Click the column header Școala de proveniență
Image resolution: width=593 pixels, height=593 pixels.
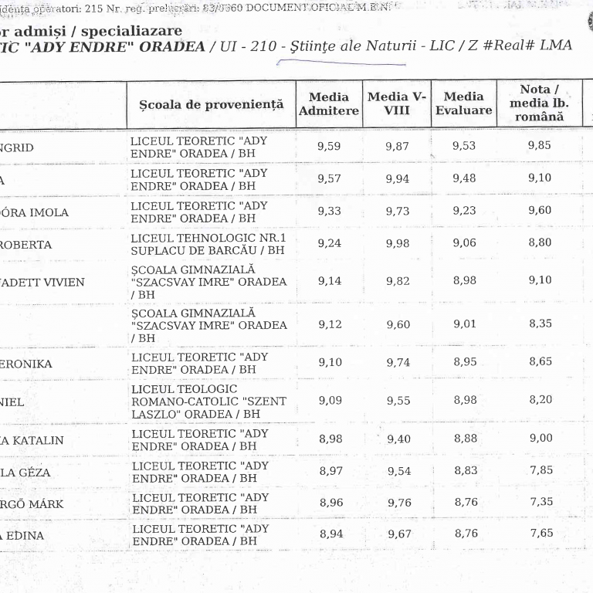211,104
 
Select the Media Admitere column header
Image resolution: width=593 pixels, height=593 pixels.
329,104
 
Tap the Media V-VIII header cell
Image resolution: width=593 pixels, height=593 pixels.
397,103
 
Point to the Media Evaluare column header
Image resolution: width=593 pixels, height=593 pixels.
463,103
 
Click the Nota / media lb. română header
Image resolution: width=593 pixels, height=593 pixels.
540,103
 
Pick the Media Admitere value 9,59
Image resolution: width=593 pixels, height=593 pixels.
329,147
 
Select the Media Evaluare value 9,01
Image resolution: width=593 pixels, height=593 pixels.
465,324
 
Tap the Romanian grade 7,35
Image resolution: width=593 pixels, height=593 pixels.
540,502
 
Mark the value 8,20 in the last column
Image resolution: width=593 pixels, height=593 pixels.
540,400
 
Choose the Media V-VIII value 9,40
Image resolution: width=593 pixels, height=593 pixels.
398,439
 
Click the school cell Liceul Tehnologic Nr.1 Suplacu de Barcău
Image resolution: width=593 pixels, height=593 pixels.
208,244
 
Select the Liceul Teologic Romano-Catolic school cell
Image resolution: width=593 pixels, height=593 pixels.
208,402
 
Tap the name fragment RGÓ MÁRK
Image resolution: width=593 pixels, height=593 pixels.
31,505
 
